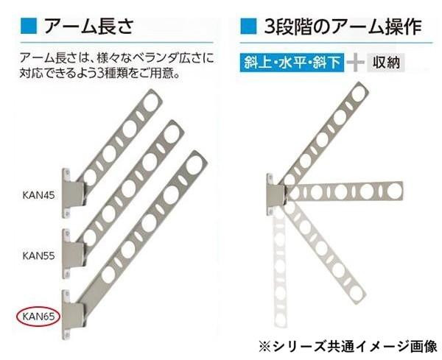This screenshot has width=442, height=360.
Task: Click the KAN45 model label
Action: (38, 195)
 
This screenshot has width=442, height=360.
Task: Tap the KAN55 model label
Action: (38, 255)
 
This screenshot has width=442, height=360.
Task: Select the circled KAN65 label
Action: (38, 317)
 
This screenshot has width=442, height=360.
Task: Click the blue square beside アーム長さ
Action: (29, 27)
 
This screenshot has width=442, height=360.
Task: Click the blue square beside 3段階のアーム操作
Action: (248, 27)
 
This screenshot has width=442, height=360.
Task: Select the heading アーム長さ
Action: (88, 27)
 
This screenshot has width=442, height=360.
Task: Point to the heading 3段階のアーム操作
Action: (343, 27)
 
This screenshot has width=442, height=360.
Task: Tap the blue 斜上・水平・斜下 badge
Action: (292, 63)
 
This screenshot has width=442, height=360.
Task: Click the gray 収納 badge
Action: (386, 63)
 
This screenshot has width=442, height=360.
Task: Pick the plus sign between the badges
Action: (356, 63)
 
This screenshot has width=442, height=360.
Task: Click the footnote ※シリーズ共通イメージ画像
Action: (348, 346)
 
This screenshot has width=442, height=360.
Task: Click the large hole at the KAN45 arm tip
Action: (151, 102)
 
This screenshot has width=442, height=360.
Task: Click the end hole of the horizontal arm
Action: (394, 191)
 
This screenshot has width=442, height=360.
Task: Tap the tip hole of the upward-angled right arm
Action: (357, 93)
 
